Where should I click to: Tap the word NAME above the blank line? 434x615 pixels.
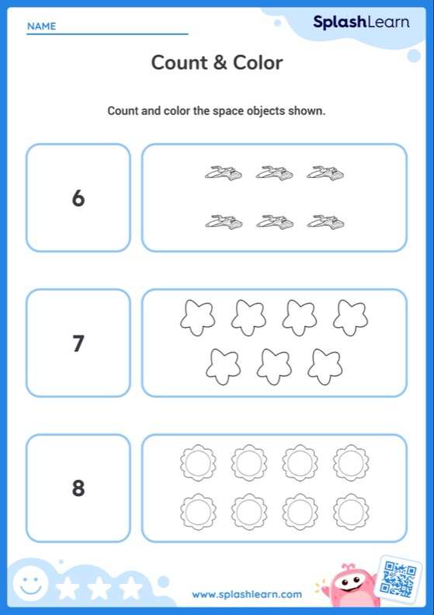(41, 26)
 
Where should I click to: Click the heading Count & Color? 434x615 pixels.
(217, 63)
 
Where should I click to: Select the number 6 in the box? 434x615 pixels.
(78, 198)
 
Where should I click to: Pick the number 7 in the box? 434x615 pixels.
(78, 343)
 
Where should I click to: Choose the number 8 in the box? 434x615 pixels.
(78, 488)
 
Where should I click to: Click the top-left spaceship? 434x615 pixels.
(223, 172)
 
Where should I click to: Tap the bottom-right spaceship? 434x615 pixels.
(325, 222)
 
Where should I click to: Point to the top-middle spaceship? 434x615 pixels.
(274, 172)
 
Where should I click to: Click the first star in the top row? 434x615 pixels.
(197, 318)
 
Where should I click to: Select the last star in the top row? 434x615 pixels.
(350, 318)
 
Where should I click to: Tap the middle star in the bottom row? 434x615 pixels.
(274, 366)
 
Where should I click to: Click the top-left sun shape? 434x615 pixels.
(198, 463)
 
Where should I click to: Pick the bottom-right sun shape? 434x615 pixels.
(351, 512)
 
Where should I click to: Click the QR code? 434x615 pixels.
(399, 579)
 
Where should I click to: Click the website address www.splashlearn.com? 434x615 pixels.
(247, 594)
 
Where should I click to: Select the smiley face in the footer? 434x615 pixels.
(30, 584)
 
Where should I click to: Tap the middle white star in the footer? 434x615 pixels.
(99, 588)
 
